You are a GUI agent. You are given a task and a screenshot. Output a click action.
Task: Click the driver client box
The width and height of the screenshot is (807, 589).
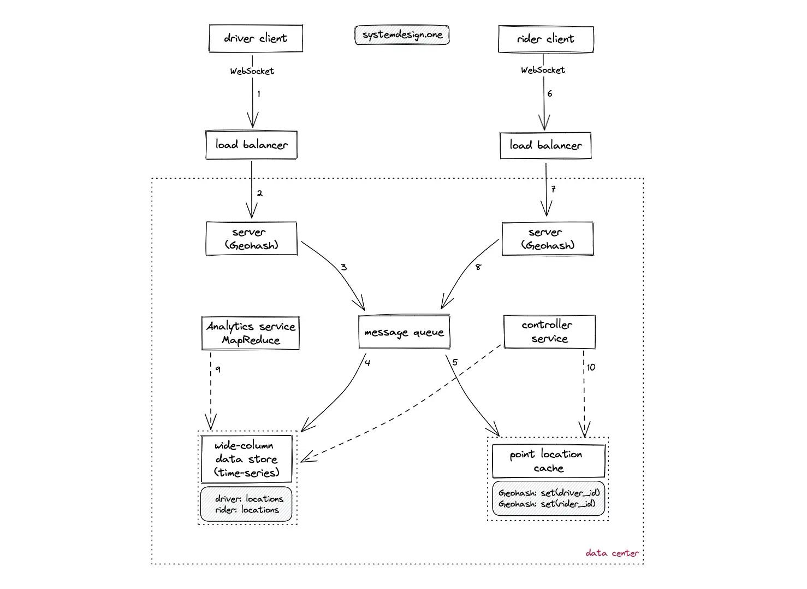click(256, 38)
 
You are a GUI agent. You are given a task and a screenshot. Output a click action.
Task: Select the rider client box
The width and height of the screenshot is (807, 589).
click(546, 39)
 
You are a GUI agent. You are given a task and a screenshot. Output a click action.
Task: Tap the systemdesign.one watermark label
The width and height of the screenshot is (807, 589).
click(402, 35)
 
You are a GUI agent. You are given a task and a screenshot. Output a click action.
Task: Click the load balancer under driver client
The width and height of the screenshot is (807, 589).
click(252, 145)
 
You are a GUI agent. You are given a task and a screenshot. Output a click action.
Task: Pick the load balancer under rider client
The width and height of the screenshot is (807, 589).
click(545, 145)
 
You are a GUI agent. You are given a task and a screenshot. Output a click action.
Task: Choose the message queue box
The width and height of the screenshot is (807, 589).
click(404, 332)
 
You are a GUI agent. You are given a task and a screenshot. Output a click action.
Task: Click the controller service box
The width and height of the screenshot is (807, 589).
click(549, 332)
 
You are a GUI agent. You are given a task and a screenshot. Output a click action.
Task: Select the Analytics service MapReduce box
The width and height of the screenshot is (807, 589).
click(251, 333)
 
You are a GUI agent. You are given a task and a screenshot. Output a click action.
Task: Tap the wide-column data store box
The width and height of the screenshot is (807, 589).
click(247, 459)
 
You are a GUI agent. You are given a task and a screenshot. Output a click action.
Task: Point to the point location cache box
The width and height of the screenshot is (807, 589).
click(548, 461)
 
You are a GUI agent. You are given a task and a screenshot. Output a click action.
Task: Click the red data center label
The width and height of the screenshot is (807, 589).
click(612, 553)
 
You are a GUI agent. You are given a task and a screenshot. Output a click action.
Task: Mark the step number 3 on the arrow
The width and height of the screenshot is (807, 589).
click(343, 267)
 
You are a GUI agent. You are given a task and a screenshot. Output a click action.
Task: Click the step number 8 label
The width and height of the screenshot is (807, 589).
click(478, 267)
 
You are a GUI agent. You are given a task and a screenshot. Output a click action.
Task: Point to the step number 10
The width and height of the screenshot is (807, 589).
click(591, 367)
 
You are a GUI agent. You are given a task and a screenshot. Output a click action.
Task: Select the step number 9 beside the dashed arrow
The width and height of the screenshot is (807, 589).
click(218, 369)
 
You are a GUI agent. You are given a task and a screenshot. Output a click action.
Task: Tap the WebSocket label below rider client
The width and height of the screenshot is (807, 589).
click(543, 70)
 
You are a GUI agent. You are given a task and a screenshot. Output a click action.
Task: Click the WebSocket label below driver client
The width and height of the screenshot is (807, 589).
click(252, 71)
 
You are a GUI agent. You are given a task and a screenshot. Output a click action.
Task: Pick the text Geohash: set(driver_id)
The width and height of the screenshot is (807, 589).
click(549, 493)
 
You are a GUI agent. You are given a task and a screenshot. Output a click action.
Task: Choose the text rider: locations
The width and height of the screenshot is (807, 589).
click(247, 510)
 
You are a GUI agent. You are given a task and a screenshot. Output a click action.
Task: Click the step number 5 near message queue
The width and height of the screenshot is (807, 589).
click(455, 362)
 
